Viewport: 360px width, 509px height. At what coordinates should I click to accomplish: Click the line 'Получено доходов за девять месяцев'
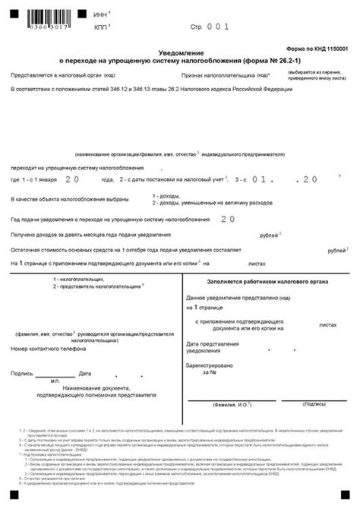[90, 235]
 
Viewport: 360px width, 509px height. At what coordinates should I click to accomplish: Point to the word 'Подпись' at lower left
[21, 374]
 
